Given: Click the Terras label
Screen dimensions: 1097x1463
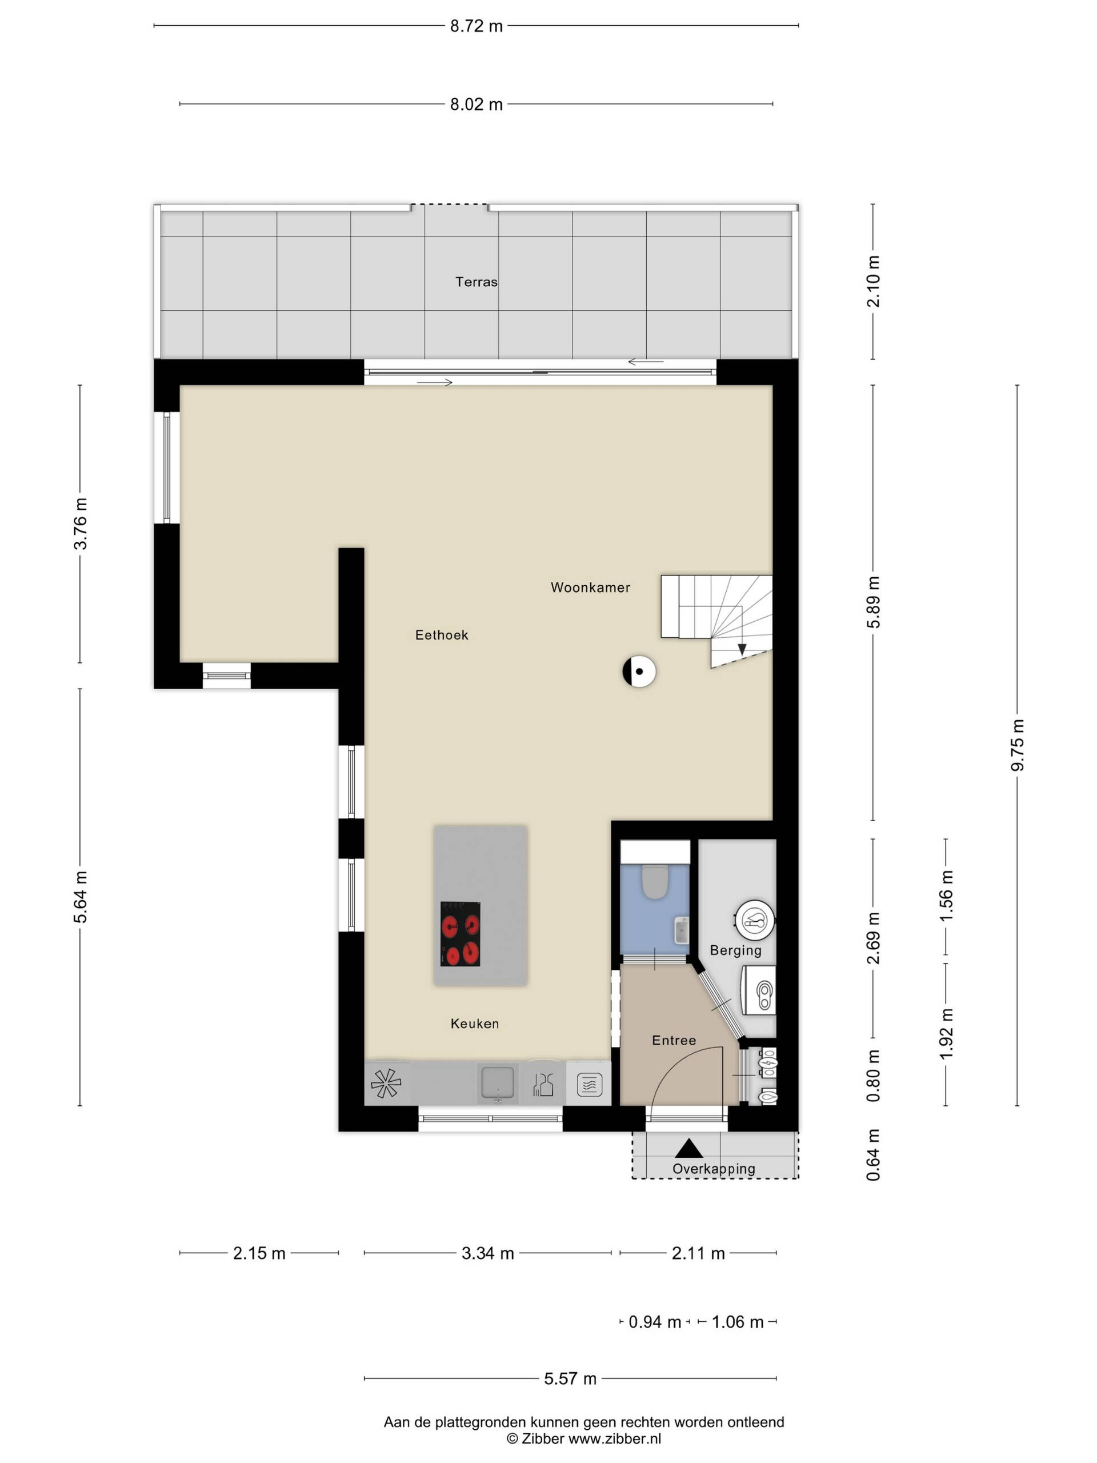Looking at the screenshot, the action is click(x=476, y=282).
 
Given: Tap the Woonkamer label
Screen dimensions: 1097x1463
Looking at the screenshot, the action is click(x=590, y=587).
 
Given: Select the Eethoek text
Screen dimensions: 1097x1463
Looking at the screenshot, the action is click(x=442, y=635).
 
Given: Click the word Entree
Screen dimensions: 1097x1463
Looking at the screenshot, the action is click(x=674, y=1040).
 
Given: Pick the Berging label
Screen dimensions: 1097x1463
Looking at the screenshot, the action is click(x=735, y=950).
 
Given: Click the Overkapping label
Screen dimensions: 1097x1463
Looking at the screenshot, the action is click(x=714, y=1169).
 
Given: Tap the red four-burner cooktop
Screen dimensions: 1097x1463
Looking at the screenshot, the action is click(x=460, y=934).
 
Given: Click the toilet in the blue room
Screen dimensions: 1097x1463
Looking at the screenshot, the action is click(x=656, y=882).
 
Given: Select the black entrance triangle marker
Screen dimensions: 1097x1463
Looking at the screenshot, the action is click(x=688, y=1149).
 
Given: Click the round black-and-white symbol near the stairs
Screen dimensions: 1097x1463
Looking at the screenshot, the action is click(x=639, y=672).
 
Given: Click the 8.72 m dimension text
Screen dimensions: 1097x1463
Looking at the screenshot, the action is click(x=476, y=26).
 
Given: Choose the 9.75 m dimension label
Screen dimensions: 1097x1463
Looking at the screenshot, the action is click(x=1018, y=745).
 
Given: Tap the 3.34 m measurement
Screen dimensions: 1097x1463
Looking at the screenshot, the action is click(x=488, y=1253).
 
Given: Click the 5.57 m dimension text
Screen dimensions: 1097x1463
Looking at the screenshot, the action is click(x=570, y=1379).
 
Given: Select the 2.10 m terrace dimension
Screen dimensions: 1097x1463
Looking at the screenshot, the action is click(x=874, y=281).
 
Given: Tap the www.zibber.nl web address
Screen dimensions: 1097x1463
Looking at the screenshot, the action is click(x=615, y=1438).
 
